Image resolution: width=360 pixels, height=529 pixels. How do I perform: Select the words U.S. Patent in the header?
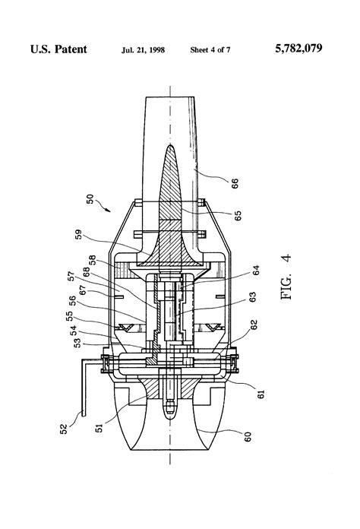tap(58, 49)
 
